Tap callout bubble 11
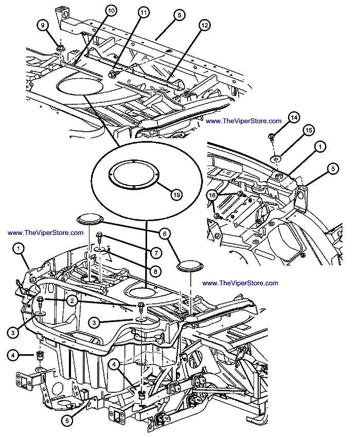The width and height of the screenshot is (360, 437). tap(143, 12)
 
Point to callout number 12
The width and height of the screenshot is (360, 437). tap(205, 25)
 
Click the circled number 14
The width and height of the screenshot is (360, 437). tap(294, 118)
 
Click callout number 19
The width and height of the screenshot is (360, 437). tap(176, 195)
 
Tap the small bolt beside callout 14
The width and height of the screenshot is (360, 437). tap(271, 136)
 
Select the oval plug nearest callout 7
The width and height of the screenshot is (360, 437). tap(90, 220)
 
